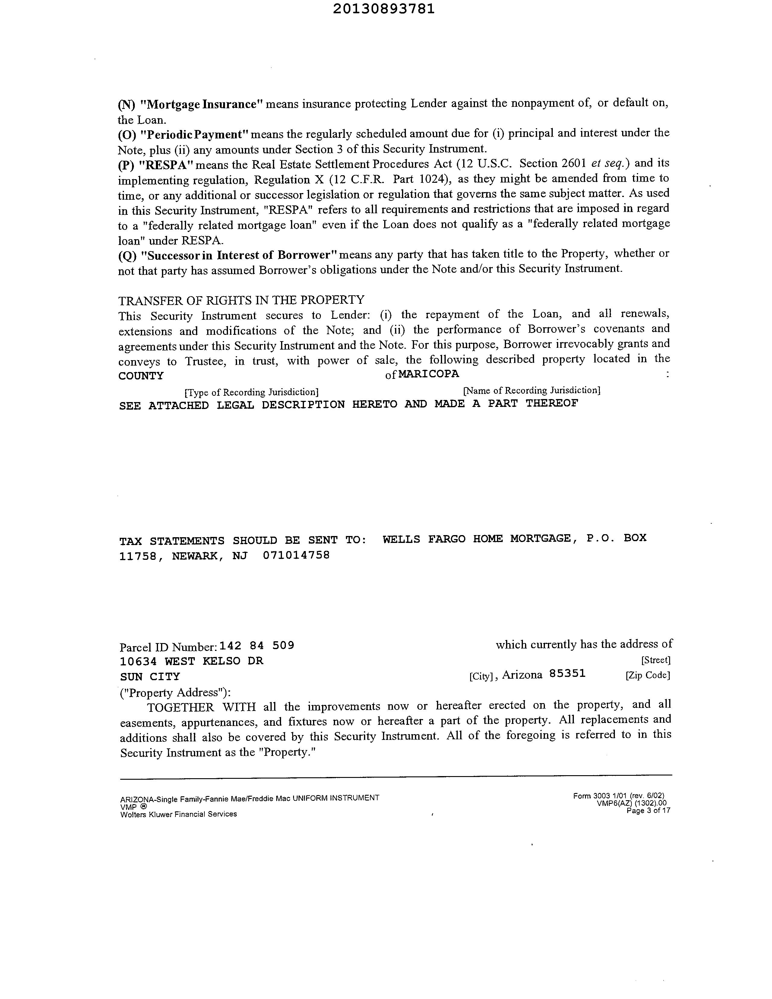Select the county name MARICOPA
click(x=429, y=374)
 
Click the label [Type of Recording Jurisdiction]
click(x=252, y=392)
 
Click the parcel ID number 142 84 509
click(x=257, y=645)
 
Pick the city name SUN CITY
click(x=150, y=677)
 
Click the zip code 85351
click(x=567, y=674)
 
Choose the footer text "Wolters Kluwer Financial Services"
click(x=178, y=814)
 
